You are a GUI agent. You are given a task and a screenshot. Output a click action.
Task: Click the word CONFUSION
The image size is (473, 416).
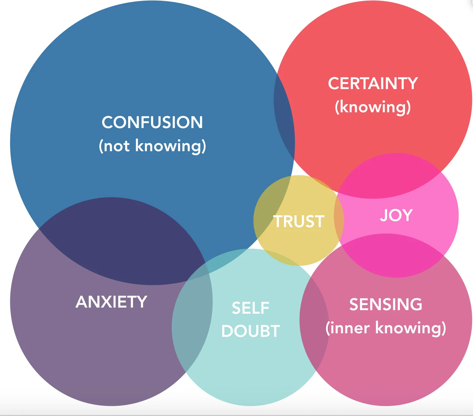(x=152, y=122)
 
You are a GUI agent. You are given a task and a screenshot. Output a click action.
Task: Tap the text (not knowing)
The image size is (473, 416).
(x=152, y=146)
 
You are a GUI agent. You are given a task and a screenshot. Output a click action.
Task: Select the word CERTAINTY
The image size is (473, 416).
(x=373, y=84)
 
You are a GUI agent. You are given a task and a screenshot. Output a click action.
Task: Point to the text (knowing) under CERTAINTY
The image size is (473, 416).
(x=373, y=107)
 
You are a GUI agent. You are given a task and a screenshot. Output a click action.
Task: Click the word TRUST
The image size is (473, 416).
(x=299, y=222)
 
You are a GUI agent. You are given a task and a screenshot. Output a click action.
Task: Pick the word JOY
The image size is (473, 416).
(x=396, y=215)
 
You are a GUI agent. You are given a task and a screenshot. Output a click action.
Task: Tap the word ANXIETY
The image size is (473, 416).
(x=111, y=302)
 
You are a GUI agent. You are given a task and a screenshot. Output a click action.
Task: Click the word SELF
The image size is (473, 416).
(x=251, y=308)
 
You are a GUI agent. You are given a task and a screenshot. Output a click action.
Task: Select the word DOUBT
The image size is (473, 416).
(x=251, y=331)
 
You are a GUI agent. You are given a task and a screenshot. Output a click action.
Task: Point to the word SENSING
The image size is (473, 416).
(x=386, y=304)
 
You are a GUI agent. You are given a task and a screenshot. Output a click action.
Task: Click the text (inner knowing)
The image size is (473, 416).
(x=386, y=328)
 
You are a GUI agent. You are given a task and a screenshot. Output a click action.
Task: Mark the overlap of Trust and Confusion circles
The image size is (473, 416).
(x=270, y=206)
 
